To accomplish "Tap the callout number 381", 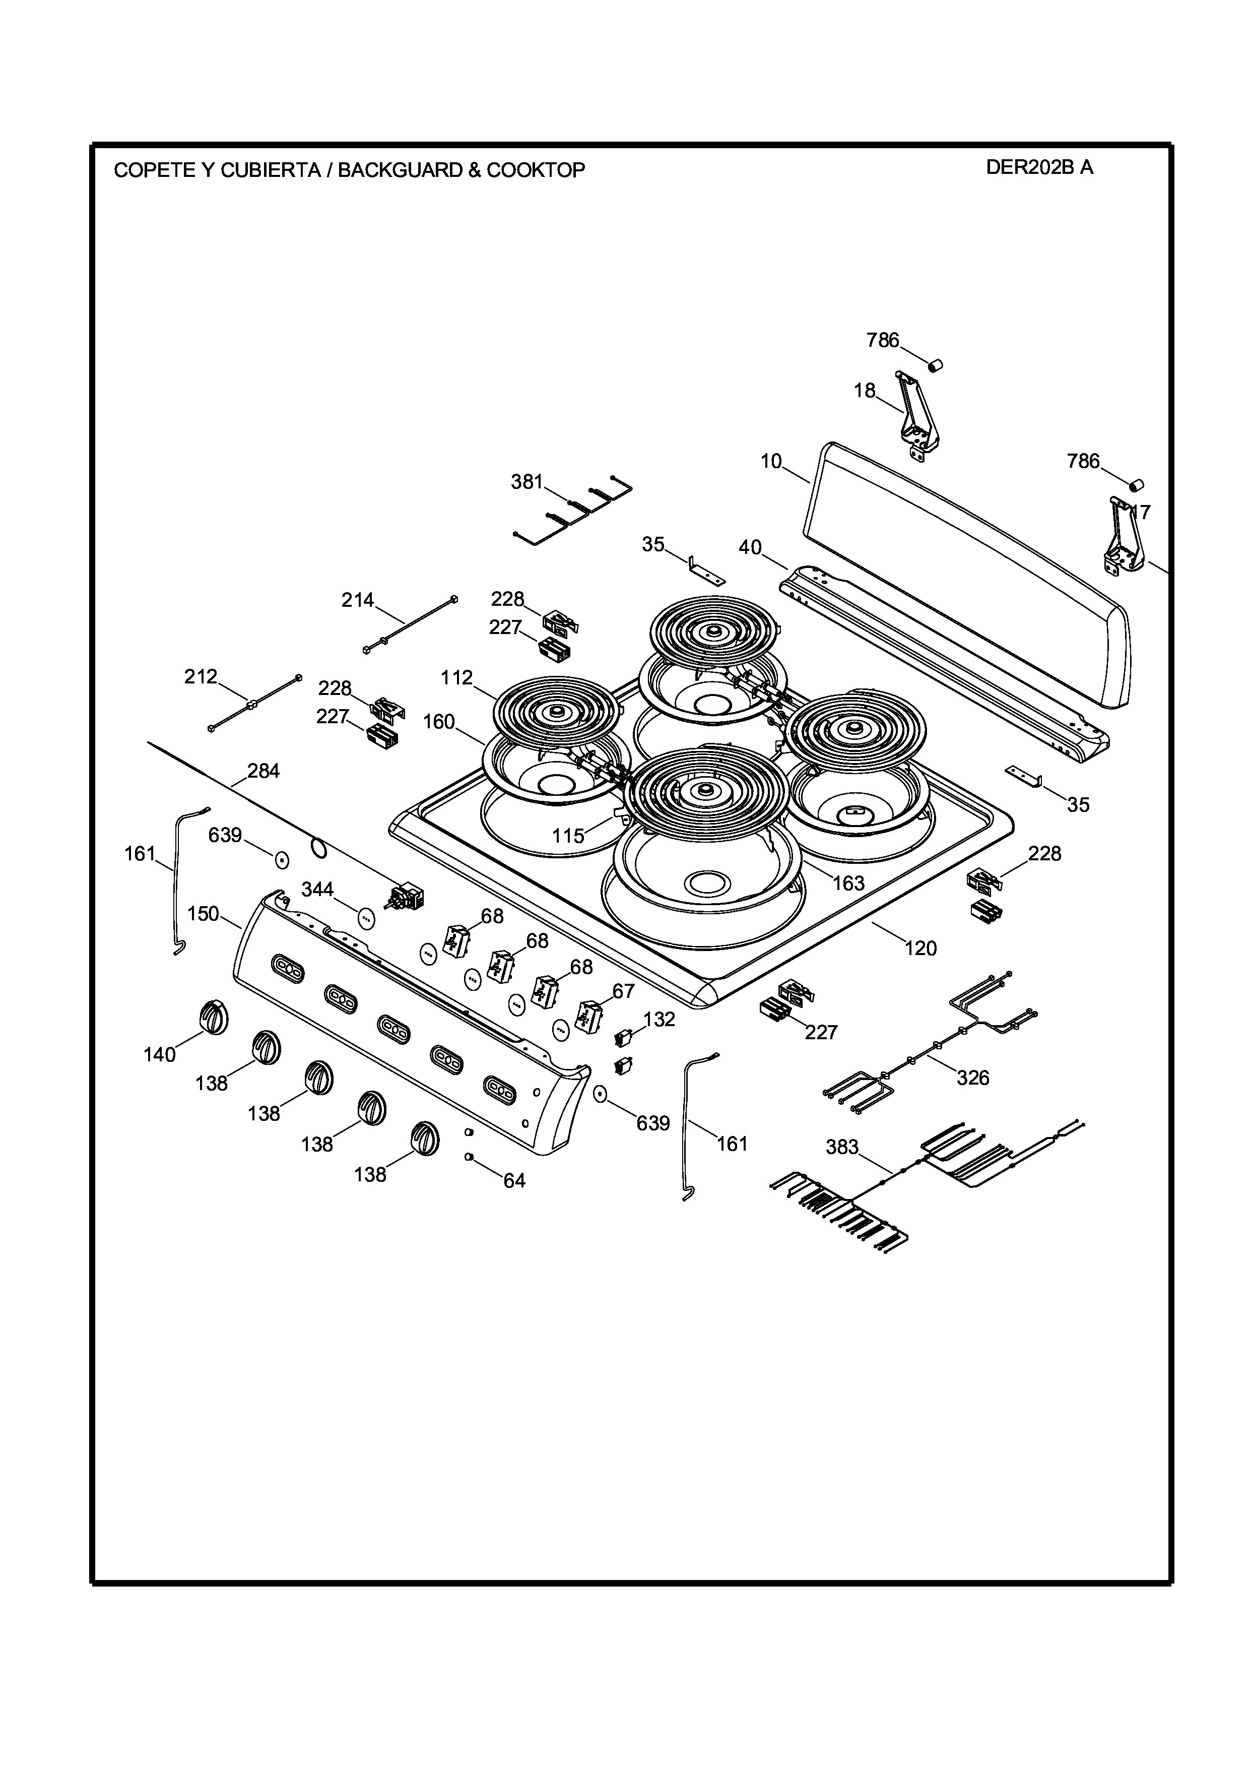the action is pos(527,482).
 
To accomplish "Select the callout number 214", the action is pos(358,600).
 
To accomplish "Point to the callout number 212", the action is pos(201,677).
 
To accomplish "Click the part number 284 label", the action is pos(263,771).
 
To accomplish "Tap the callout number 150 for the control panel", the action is pos(203,914).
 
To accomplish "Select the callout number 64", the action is pos(514,1180).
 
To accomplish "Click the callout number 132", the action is pos(659,1020).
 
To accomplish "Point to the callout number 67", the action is pos(623,991).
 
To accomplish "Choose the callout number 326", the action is pos(973,1078).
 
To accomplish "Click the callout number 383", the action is pos(842,1148).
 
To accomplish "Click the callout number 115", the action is pos(568,836).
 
